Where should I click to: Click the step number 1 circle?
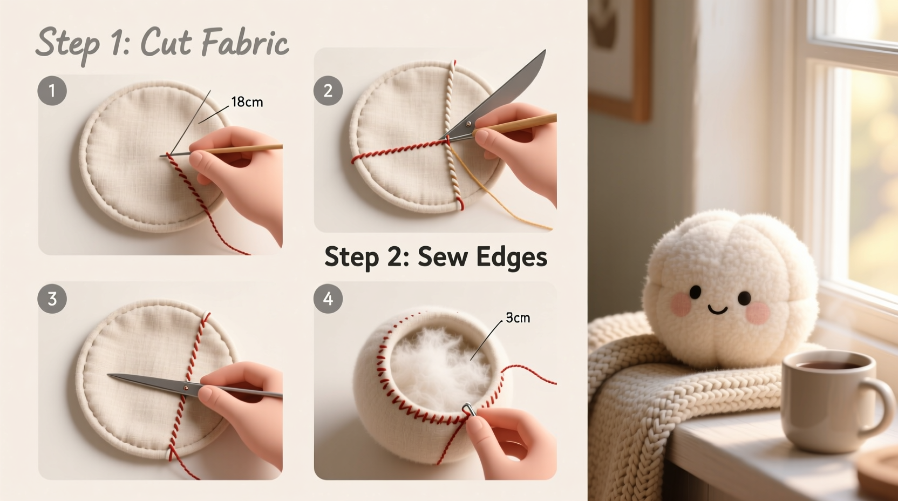(x=52, y=90)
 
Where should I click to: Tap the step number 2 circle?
(x=328, y=90)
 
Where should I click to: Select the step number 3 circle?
(x=52, y=299)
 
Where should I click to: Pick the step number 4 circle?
(x=328, y=299)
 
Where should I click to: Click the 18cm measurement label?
(x=247, y=102)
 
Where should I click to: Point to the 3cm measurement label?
(x=518, y=318)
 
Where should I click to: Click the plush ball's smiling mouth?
(x=717, y=310)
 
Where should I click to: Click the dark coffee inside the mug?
(x=827, y=365)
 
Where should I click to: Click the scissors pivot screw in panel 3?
(x=186, y=388)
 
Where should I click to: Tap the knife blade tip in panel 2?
(x=544, y=52)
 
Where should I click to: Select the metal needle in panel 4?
(x=469, y=410)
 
